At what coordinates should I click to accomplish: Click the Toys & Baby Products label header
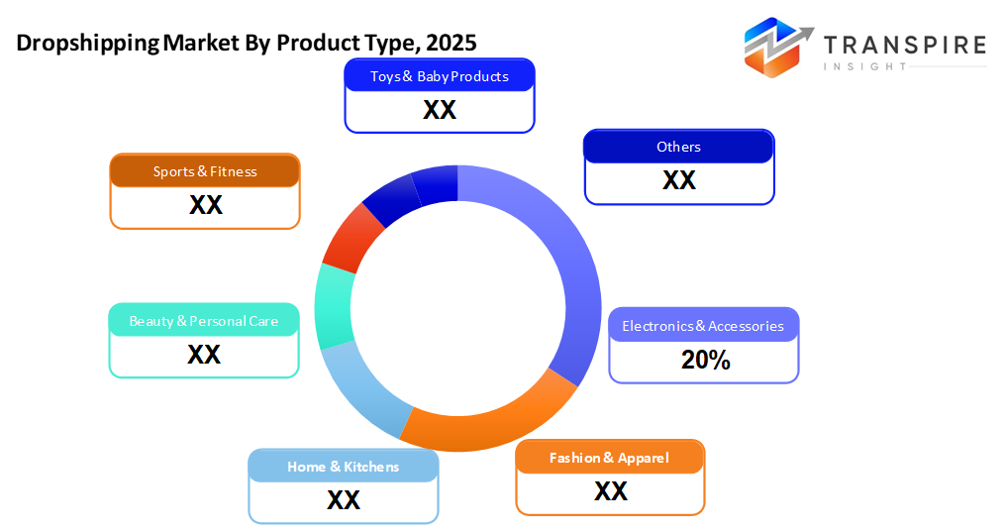click(x=440, y=76)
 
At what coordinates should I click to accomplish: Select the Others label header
click(x=678, y=147)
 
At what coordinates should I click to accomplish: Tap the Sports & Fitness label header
click(x=205, y=171)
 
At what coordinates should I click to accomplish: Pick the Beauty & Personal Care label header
click(x=204, y=321)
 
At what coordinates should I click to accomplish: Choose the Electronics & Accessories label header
click(x=703, y=326)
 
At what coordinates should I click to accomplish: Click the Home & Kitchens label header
click(x=344, y=467)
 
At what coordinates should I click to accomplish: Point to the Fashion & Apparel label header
click(x=610, y=458)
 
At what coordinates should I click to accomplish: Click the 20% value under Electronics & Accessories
click(x=705, y=362)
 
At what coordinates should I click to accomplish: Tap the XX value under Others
click(x=679, y=180)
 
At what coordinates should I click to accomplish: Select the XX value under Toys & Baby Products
click(x=440, y=110)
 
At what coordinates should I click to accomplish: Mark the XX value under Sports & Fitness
click(x=206, y=205)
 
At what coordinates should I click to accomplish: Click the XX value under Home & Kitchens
click(x=344, y=500)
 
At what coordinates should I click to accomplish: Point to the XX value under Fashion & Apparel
click(x=611, y=491)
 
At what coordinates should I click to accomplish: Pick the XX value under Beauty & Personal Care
click(x=204, y=355)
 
